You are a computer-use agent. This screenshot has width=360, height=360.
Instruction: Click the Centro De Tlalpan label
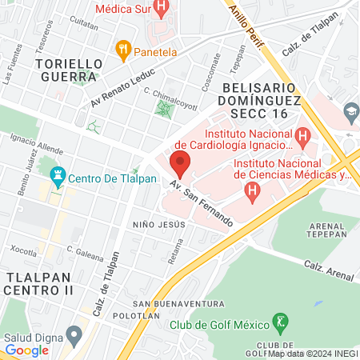(x=103, y=178)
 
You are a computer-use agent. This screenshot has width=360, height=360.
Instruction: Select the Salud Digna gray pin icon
(x=74, y=334)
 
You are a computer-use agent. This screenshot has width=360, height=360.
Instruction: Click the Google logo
(x=26, y=350)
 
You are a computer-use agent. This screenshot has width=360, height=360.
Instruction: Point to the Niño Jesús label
(x=159, y=224)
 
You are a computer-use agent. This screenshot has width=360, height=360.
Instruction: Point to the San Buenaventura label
(x=178, y=304)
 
